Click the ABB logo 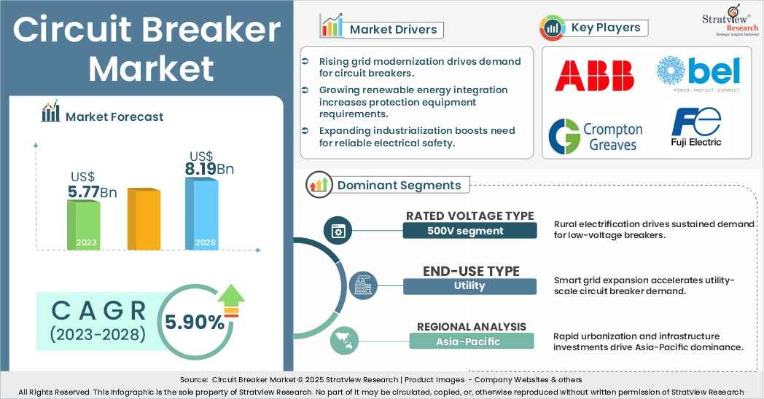coord(594,76)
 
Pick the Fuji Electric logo coord(695,127)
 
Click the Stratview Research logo coord(731,21)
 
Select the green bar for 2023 coord(83,224)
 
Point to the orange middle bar coord(144,218)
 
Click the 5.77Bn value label coord(92,192)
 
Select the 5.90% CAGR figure coord(195,322)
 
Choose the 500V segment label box coord(469,231)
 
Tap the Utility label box coord(469,285)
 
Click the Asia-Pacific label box coord(471,341)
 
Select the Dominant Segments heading coord(399,185)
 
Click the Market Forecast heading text coord(114,116)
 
